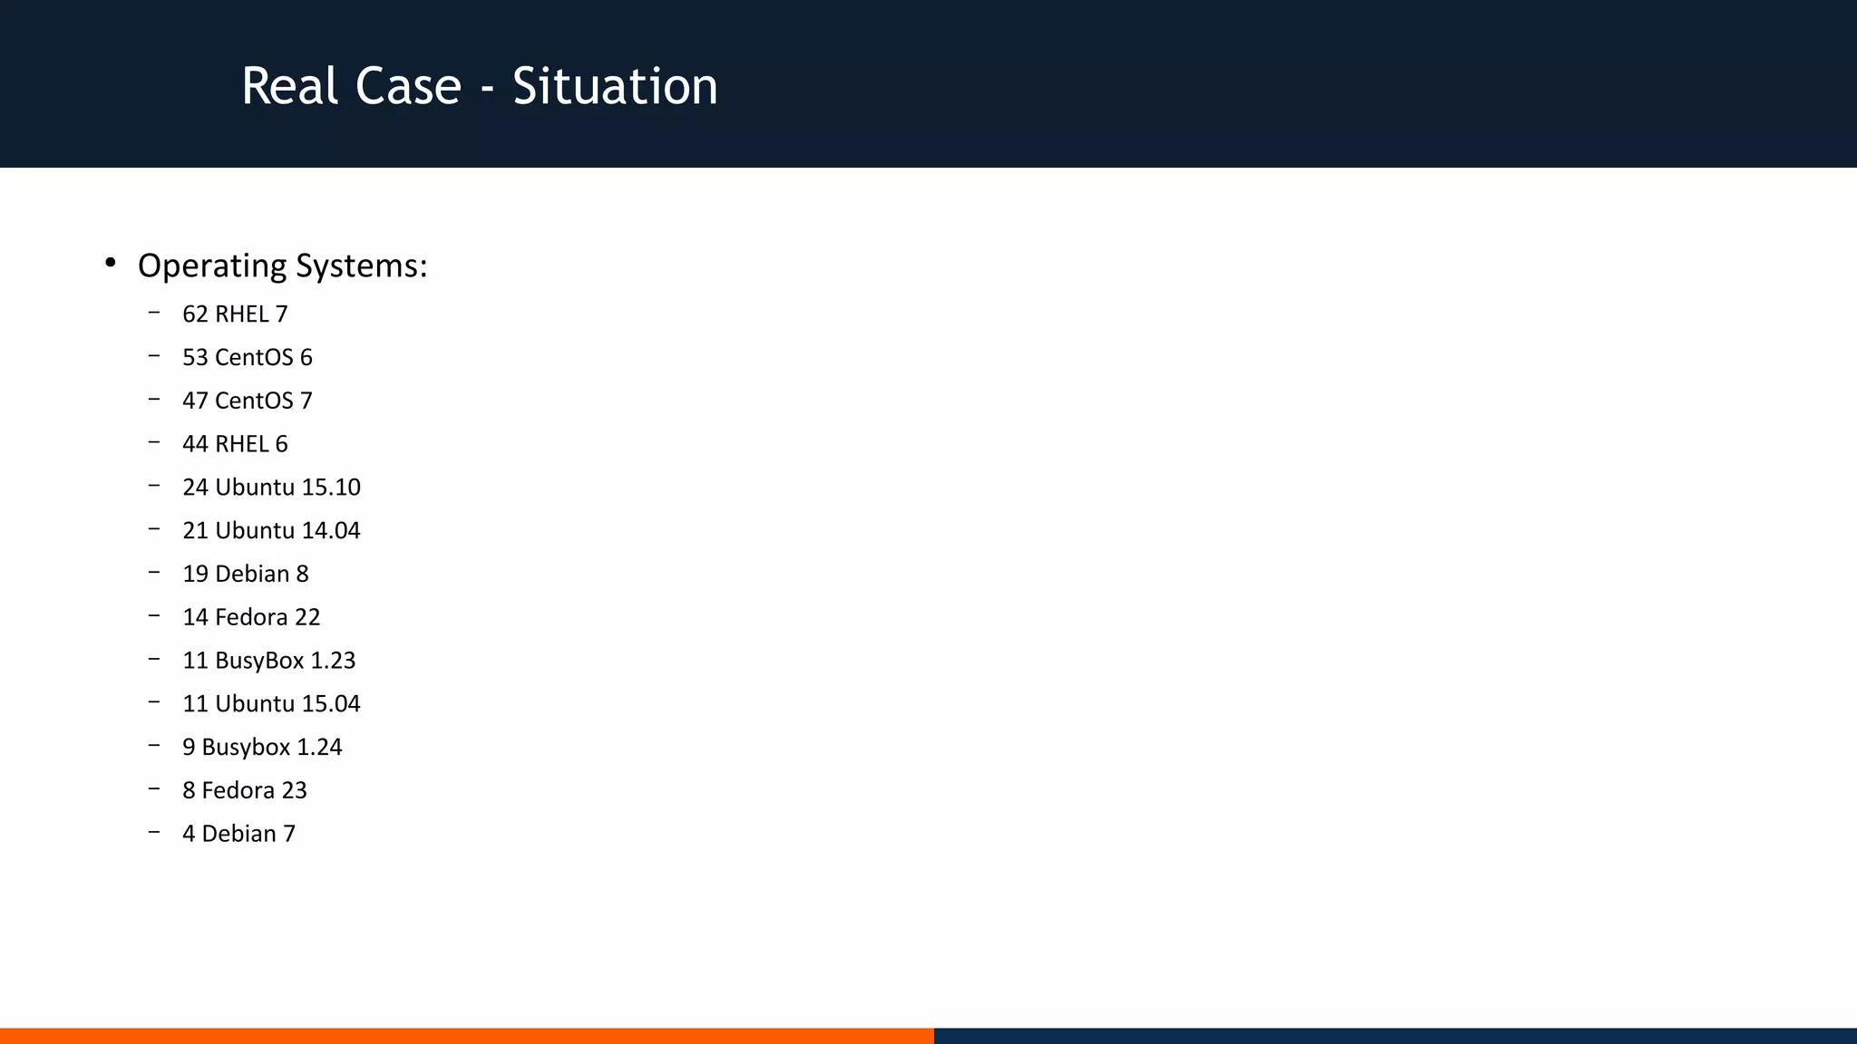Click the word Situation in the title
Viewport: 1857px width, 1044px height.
point(615,87)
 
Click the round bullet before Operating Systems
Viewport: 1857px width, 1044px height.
point(111,263)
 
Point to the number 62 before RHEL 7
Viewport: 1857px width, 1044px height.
point(195,314)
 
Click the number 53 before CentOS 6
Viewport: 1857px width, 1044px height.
point(195,358)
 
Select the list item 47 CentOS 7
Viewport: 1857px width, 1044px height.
point(247,401)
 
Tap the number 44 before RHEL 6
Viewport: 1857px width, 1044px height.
point(195,444)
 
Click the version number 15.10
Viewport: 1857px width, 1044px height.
point(331,488)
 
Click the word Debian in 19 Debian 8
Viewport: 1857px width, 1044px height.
point(252,575)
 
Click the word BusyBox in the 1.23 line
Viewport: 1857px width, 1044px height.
point(259,662)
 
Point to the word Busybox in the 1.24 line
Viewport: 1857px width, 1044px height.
point(246,748)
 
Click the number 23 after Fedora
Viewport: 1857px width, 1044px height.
point(294,791)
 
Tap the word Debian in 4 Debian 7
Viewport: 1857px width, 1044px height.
point(238,835)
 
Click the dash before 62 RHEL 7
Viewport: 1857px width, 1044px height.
point(154,313)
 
